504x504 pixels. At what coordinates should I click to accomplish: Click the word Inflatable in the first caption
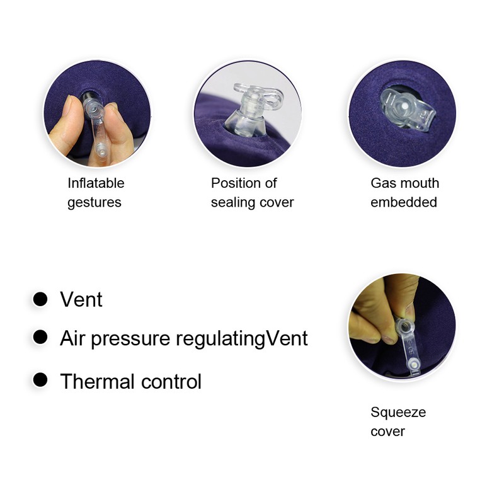point(96,183)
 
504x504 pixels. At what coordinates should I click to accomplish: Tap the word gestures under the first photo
point(94,203)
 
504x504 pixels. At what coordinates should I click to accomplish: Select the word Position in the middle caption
point(236,183)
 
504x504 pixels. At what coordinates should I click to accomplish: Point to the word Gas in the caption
point(383,183)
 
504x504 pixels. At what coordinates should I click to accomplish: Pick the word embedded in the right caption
point(404,202)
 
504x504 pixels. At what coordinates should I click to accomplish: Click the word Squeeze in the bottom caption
point(398,413)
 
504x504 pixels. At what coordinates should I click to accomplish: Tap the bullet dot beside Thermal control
point(40,380)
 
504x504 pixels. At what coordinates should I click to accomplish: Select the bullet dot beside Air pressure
point(40,337)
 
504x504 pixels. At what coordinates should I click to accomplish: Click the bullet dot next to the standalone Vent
point(40,299)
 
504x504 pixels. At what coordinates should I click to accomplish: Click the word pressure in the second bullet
point(130,340)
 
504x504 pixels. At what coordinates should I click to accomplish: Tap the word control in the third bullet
point(171,382)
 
